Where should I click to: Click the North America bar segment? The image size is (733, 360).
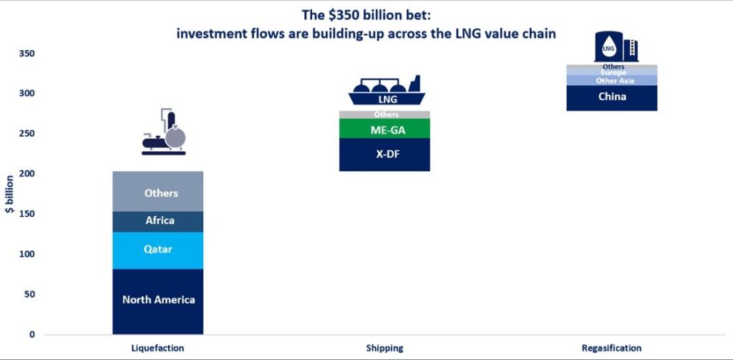click(158, 301)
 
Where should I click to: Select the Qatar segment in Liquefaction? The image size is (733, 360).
click(158, 250)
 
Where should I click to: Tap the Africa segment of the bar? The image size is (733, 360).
click(158, 221)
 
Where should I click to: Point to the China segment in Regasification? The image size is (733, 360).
click(611, 98)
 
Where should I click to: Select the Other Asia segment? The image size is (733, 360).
click(611, 81)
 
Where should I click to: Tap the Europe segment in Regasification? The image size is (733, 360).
click(611, 73)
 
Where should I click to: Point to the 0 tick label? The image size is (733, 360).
click(31, 334)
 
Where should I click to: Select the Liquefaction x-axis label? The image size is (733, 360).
click(158, 349)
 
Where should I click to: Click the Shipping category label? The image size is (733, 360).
click(384, 349)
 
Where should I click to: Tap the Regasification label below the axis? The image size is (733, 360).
click(611, 349)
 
